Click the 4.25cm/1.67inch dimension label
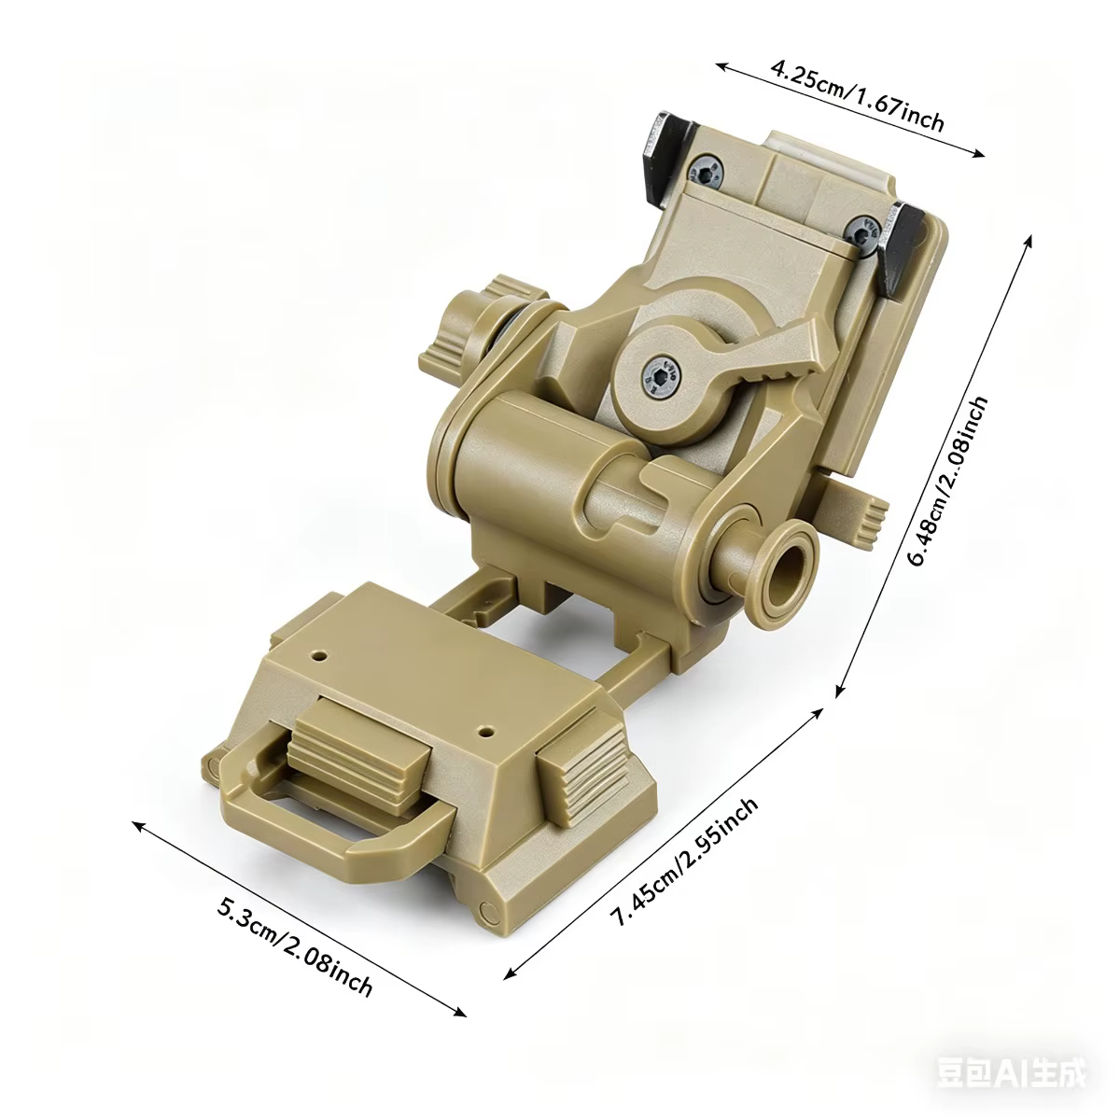tap(857, 95)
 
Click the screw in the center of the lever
tap(660, 378)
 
